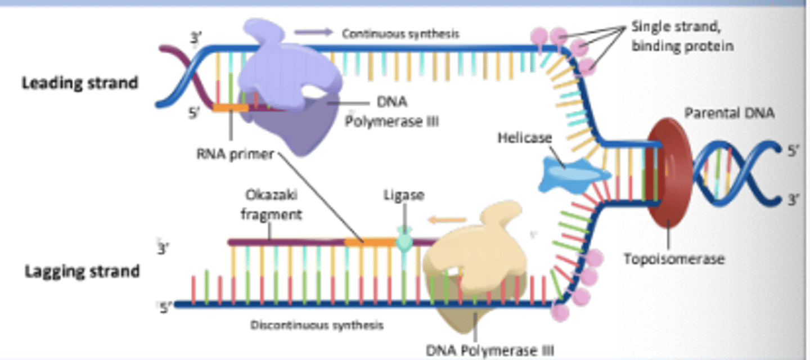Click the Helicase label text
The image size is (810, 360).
pos(524,137)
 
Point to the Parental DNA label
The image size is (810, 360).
pos(729,113)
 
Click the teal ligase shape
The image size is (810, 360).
pos(404,240)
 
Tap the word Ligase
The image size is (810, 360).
pos(403,195)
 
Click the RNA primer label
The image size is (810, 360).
pos(235,154)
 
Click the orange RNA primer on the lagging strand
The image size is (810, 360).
pos(369,241)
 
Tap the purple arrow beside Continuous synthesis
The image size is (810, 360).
pos(313,33)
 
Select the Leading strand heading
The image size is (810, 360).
pos(79,83)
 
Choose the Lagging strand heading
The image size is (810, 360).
pos(82,271)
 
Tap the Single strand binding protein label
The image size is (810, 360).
pos(682,36)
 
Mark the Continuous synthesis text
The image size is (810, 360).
pos(400,34)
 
